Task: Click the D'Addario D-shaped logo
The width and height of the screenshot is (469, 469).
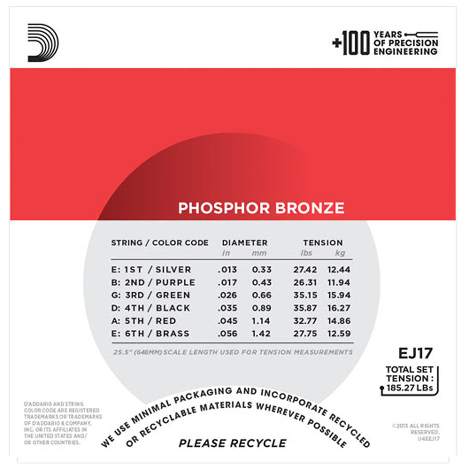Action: click(43, 43)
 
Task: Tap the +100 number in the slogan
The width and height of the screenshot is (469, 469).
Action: click(351, 43)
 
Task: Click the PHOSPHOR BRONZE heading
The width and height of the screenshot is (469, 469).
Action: click(261, 208)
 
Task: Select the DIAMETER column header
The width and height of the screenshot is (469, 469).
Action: click(245, 243)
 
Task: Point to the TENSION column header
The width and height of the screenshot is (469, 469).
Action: click(323, 243)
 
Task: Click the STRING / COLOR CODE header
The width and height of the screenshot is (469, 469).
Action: click(159, 243)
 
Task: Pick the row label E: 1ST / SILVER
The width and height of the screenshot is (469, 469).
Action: click(151, 270)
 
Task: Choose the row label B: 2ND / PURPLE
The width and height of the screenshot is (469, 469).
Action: click(153, 283)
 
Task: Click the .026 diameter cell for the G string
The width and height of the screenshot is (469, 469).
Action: click(227, 295)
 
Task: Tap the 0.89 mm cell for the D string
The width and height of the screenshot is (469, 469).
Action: click(261, 308)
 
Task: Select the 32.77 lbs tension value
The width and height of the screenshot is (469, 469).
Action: click(305, 321)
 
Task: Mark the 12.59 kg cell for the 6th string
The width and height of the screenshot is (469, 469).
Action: click(339, 334)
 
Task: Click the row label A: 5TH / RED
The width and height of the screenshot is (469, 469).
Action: click(143, 321)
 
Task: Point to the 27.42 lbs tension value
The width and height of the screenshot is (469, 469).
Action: click(305, 270)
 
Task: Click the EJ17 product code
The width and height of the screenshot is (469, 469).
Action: click(415, 353)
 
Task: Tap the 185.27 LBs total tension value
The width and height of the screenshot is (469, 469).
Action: click(410, 388)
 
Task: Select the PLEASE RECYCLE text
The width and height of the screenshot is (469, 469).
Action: click(233, 443)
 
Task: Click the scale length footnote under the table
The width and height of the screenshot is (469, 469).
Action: click(233, 352)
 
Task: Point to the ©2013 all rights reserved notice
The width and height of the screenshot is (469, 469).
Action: click(415, 432)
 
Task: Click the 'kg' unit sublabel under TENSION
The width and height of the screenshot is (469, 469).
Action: click(340, 253)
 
